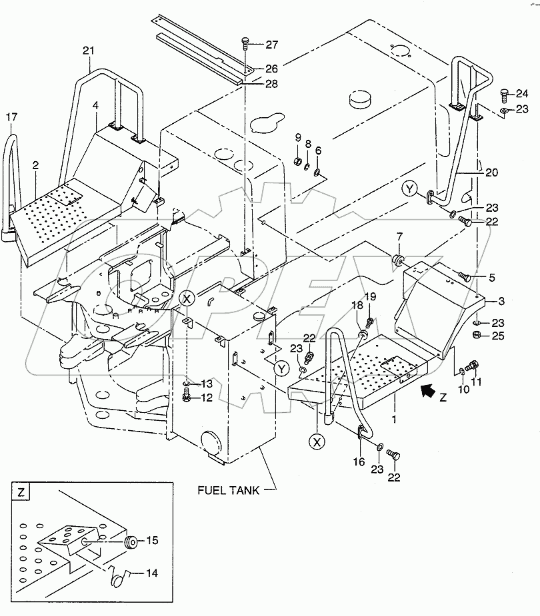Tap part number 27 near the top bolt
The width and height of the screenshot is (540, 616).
click(x=272, y=45)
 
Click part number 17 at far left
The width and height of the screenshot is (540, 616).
click(x=12, y=117)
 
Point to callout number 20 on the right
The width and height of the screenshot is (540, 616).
click(x=491, y=171)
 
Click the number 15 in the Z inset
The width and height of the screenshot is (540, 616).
click(x=152, y=541)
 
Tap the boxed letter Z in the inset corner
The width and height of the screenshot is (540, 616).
click(x=22, y=493)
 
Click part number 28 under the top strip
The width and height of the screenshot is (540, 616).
click(x=272, y=83)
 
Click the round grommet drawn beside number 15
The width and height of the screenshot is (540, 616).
click(x=131, y=541)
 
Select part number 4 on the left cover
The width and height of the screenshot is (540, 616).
click(x=95, y=106)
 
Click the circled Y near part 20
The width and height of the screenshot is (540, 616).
click(x=411, y=190)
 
